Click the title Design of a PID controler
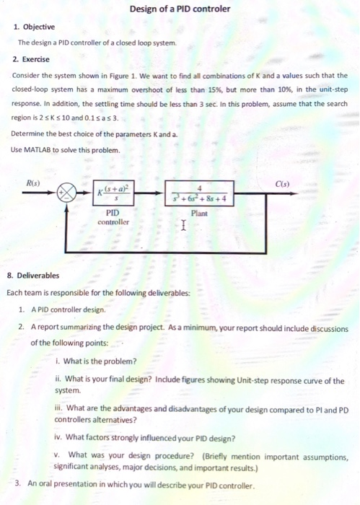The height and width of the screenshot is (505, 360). [x=180, y=9]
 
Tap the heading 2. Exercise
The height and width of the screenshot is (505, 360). [x=32, y=58]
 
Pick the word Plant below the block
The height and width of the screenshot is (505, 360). [x=200, y=214]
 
